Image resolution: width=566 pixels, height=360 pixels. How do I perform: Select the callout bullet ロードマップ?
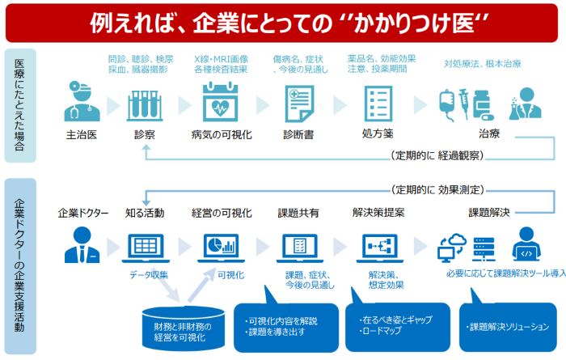[x=382, y=330]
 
